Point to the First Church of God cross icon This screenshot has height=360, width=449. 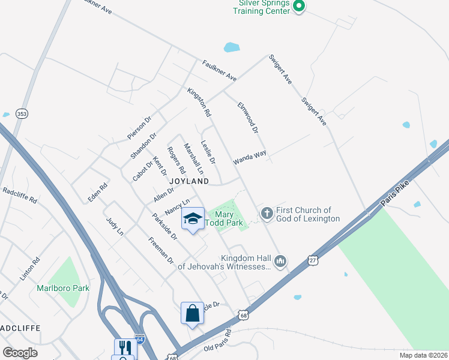pos(267,213)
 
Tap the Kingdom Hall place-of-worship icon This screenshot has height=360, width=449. pos(280,261)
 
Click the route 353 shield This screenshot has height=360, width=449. pos(22,115)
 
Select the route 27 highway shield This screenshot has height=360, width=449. pos(312,260)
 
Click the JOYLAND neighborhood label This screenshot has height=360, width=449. pos(189,181)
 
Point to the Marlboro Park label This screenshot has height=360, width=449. pos(63,288)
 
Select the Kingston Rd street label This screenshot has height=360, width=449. pos(199,103)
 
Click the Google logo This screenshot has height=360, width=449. pos(20,353)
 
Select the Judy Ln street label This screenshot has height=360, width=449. pos(114,226)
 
